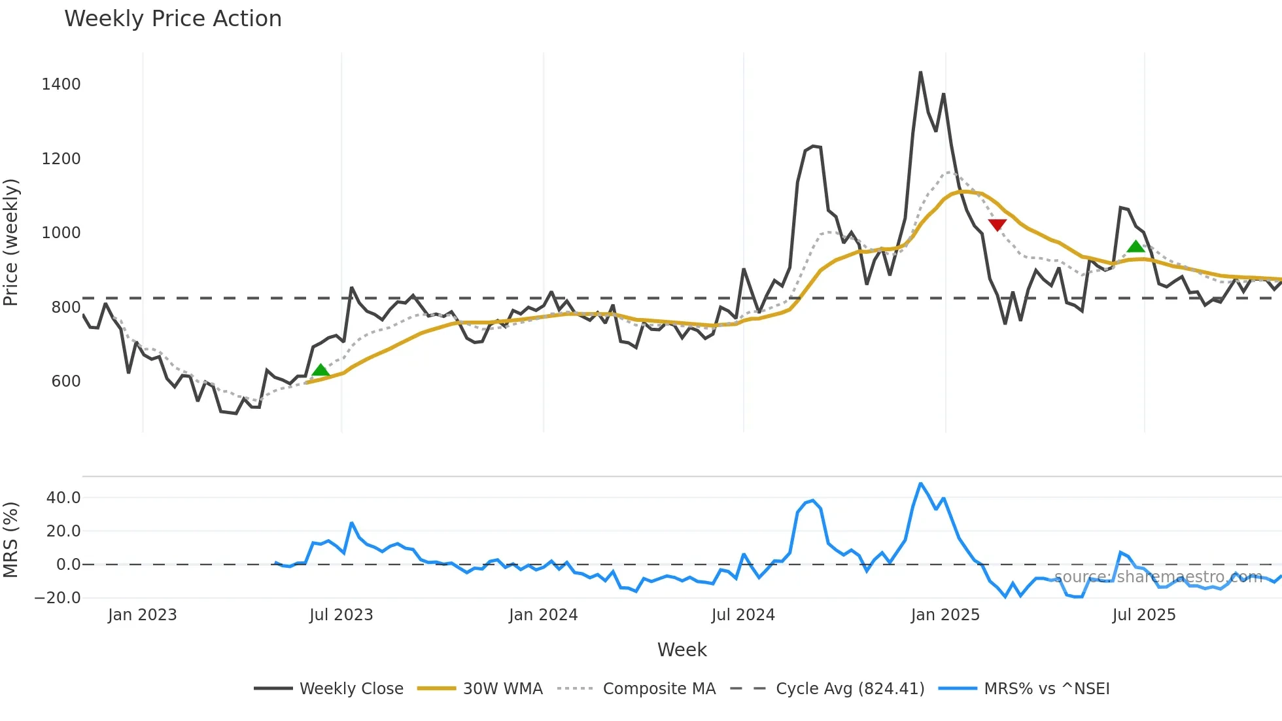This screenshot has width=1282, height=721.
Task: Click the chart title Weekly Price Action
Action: pyautogui.click(x=173, y=19)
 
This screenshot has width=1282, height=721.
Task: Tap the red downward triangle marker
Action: pyautogui.click(x=997, y=225)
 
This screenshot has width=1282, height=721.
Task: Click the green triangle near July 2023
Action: pyautogui.click(x=320, y=370)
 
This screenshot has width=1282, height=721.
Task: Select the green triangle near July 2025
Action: pyautogui.click(x=1135, y=247)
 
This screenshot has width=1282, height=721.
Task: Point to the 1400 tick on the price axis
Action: pyautogui.click(x=61, y=84)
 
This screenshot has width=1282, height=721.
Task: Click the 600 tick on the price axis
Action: pyautogui.click(x=65, y=381)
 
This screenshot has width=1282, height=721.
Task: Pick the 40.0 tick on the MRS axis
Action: pyautogui.click(x=63, y=498)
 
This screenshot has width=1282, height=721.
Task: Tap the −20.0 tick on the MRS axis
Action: pyautogui.click(x=58, y=598)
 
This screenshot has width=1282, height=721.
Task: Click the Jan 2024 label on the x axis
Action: pyautogui.click(x=543, y=615)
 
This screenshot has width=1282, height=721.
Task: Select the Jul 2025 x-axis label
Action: pyautogui.click(x=1143, y=615)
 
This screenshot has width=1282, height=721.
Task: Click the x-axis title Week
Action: pyautogui.click(x=682, y=650)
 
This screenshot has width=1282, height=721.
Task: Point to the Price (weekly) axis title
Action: pyautogui.click(x=11, y=242)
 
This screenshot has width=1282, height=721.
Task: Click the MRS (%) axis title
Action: pyautogui.click(x=11, y=540)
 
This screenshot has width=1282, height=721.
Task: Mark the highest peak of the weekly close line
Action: pyautogui.click(x=920, y=73)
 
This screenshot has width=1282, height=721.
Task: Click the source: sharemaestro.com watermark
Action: pyautogui.click(x=1158, y=577)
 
